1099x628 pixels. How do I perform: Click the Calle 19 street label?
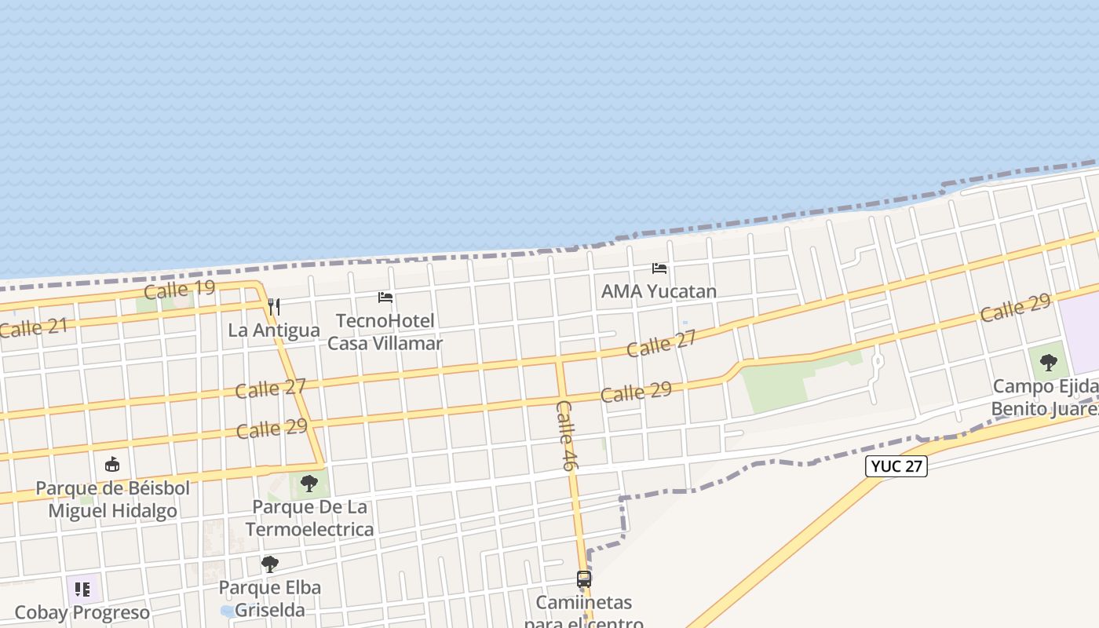point(179,290)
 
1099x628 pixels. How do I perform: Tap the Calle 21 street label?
point(33,327)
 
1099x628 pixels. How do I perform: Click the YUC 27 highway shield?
point(896,466)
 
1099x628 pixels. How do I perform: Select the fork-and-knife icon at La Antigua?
point(273,306)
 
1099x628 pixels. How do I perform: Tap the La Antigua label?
point(274,330)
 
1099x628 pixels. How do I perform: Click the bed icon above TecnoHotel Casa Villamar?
point(385,298)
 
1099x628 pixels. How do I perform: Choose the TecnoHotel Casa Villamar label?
point(385,332)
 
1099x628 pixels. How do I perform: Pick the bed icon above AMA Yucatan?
point(659,268)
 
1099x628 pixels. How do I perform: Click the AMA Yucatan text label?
point(659,291)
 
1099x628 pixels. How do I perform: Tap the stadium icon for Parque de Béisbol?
point(112,464)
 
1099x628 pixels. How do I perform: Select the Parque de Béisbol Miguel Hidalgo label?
point(113,499)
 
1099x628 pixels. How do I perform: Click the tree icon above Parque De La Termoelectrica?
point(309,483)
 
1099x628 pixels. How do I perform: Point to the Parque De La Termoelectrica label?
point(309,517)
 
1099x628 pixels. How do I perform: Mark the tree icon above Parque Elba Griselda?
point(269,564)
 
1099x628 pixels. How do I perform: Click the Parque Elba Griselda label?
point(269,598)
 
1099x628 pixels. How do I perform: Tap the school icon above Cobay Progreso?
point(82,589)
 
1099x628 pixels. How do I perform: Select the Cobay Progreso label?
point(82,612)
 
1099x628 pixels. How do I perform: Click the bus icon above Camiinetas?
point(584,579)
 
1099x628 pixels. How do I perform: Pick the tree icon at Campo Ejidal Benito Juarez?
point(1048,362)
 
